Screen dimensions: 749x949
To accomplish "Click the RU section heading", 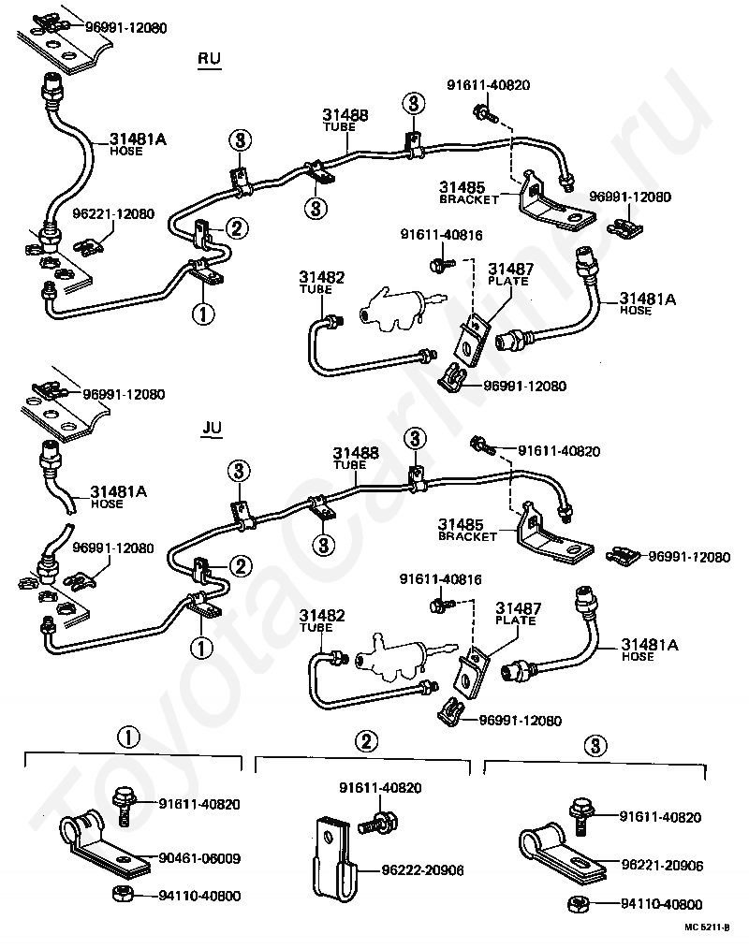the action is click(x=210, y=59).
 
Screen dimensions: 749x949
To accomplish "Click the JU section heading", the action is click(x=212, y=428).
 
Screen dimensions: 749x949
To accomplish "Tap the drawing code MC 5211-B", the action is click(x=707, y=927).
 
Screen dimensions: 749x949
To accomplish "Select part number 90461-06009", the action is click(x=199, y=858).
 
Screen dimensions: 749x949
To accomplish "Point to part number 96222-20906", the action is click(x=422, y=870).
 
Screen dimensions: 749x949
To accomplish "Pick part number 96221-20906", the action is click(x=663, y=866).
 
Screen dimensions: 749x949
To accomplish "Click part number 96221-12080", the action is click(x=114, y=213).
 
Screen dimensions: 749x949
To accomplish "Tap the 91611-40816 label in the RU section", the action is click(x=441, y=235).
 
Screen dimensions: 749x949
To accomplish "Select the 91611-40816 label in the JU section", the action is click(x=440, y=579).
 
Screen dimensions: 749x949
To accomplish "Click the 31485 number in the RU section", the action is click(x=462, y=187).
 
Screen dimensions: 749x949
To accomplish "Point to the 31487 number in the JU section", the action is click(x=519, y=607).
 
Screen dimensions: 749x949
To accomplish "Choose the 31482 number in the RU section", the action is click(x=321, y=277).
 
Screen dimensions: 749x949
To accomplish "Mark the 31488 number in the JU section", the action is click(x=356, y=453).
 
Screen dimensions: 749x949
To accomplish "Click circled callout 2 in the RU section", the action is click(x=237, y=228).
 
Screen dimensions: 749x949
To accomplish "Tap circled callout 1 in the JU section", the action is click(x=201, y=648).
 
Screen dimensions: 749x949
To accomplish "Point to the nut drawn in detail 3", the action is click(x=579, y=905).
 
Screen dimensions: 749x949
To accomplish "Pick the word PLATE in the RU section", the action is click(x=508, y=282).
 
